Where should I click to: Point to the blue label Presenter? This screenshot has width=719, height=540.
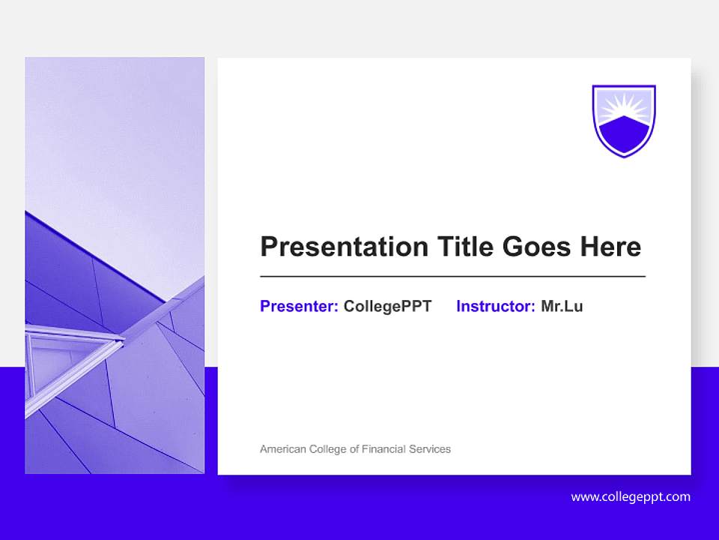point(299,306)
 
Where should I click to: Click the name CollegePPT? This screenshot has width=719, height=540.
point(387,306)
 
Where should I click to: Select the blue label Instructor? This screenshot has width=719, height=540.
point(495,306)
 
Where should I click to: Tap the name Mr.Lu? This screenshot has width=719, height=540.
point(562,306)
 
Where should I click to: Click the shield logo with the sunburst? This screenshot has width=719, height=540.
point(624,120)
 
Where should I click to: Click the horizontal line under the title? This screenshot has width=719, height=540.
point(452,277)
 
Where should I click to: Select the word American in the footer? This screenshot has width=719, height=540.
point(283,449)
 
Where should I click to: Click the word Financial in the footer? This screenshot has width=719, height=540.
point(383,449)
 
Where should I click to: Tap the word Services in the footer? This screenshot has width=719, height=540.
point(430,449)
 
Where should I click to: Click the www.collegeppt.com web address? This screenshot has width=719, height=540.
point(631,496)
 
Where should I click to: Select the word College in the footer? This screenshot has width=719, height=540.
point(327,449)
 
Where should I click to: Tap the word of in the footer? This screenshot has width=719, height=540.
point(354,449)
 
